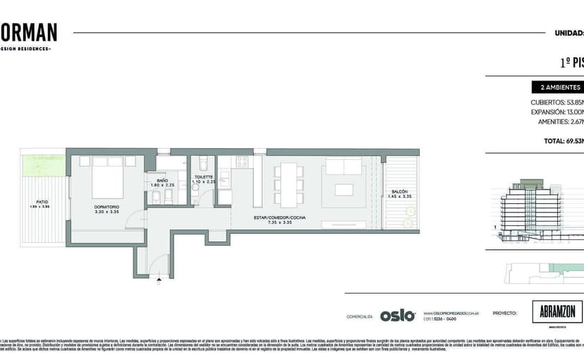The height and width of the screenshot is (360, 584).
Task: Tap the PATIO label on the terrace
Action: pyautogui.click(x=42, y=201)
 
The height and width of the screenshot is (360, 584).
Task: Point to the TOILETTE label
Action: pyautogui.click(x=203, y=177)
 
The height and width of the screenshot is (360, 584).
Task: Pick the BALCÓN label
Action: pyautogui.click(x=400, y=192)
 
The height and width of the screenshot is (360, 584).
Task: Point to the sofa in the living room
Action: pyautogui.click(x=343, y=167)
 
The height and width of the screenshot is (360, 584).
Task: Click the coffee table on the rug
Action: pyautogui.click(x=344, y=189)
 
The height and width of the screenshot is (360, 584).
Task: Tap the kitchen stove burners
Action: pyautogui.click(x=242, y=161)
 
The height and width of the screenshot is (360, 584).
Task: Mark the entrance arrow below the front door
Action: pyautogui.click(x=160, y=280)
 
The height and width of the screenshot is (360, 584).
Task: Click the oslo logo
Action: pyautogui.click(x=398, y=316)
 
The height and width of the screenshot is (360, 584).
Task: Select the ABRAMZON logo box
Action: pyautogui.click(x=557, y=312)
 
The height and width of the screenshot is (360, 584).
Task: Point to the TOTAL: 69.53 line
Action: pyautogui.click(x=563, y=141)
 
